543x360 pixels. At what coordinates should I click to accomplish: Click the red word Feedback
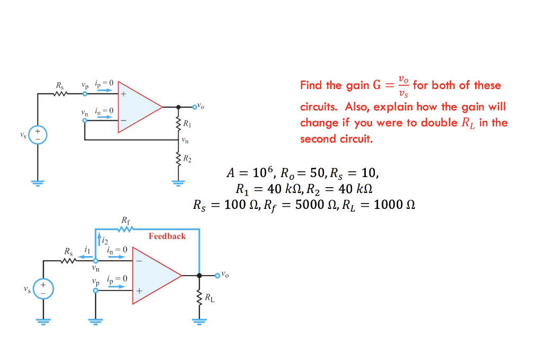pos(167,236)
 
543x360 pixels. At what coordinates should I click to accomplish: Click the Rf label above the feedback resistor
pos(126,220)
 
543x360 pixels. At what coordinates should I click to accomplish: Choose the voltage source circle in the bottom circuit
pos(43,289)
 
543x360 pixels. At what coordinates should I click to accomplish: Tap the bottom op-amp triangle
pos(156,276)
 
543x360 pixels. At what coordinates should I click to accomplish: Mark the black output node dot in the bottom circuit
pos(199,276)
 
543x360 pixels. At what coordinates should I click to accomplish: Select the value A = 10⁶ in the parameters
pos(250,173)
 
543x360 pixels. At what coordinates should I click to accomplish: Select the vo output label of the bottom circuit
pos(225,275)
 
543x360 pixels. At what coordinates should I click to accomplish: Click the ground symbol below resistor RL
pos(199,320)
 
